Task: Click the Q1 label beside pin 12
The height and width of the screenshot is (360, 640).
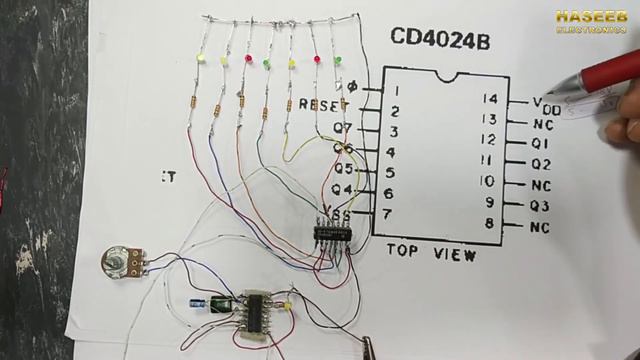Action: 542,143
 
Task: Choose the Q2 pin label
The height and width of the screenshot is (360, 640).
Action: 542,163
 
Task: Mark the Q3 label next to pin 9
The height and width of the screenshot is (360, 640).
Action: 542,206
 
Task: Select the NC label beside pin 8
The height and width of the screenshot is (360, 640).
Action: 541,227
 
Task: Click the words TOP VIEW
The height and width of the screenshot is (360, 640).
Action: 431,253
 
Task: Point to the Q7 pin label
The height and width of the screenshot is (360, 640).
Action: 342,127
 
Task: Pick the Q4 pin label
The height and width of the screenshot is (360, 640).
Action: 342,189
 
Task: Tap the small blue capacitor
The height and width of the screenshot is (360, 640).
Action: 199,301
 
